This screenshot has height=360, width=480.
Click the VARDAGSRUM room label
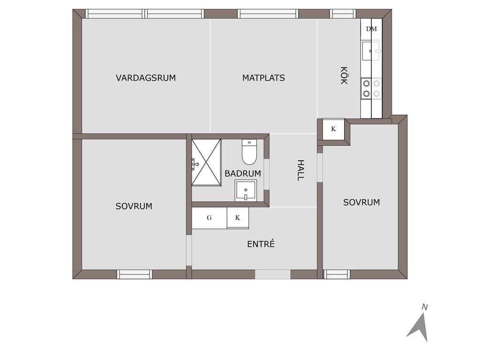tap(146, 78)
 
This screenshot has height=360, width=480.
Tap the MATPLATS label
tap(263, 78)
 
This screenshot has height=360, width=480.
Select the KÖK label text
tap(344, 75)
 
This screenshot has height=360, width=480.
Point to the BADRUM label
tap(243, 173)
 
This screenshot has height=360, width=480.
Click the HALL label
tap(301, 170)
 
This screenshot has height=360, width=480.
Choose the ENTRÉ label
tap(261, 244)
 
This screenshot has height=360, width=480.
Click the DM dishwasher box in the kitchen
tap(371, 29)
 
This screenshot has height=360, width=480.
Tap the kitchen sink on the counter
tap(371, 51)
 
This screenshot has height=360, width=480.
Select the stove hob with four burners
tap(371, 89)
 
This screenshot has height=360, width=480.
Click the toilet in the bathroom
tap(249, 152)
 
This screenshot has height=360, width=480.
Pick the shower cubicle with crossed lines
tap(206, 163)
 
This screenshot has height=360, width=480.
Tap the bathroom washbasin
tap(246, 190)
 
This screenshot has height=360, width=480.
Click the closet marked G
tap(209, 218)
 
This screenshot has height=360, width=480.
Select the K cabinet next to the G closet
tap(238, 218)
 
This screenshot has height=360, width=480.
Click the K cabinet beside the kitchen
tap(333, 129)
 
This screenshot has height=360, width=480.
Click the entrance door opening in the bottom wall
tap(273, 274)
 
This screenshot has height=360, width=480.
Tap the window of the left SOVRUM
tap(135, 274)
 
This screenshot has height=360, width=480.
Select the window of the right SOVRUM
tap(337, 274)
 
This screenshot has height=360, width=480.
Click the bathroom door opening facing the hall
tap(266, 174)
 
